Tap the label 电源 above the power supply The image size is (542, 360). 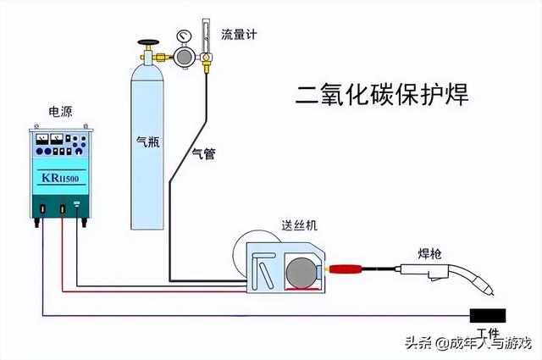60,111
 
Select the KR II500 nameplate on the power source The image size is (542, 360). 58,179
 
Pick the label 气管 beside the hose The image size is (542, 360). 204,153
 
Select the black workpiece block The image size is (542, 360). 488,316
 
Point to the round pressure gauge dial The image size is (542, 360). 184,37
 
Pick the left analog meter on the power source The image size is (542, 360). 40,140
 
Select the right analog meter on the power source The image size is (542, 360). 58,140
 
